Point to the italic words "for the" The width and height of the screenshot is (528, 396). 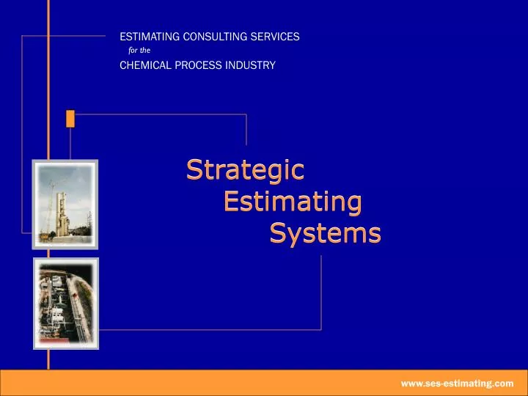[139, 51]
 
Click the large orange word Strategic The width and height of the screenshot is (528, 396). [245, 169]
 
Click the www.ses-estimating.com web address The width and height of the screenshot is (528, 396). [457, 383]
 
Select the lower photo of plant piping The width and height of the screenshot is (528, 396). [65, 303]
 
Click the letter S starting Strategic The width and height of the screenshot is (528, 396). [194, 169]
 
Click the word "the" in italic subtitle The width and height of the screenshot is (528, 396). [146, 51]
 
